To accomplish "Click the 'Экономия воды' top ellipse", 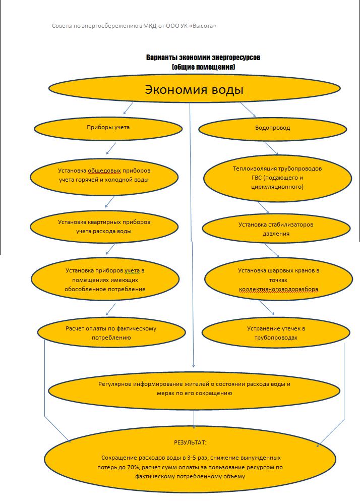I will click(194, 90).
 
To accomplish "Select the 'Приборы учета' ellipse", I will click(108, 128).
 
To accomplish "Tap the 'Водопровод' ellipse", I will click(272, 128).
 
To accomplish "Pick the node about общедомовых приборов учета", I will click(104, 175).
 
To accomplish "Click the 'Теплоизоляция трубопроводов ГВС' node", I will click(277, 177).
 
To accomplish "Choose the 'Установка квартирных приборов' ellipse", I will click(104, 227).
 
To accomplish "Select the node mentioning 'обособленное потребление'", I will click(105, 280).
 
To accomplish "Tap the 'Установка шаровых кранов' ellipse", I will click(279, 280).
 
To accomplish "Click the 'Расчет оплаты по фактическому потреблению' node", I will click(111, 333).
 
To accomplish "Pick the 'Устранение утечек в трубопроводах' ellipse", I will click(276, 333).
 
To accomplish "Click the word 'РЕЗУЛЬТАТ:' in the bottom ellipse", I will click(190, 442).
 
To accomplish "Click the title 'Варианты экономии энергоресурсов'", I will click(203, 58).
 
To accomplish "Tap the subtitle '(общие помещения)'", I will click(203, 67).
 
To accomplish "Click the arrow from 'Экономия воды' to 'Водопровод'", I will click(248, 109).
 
